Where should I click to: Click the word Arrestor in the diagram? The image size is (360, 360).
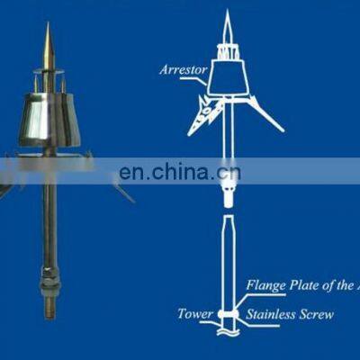pos(183,68)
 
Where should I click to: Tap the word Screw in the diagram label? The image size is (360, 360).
pos(315,315)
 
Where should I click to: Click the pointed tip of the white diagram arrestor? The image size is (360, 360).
pos(227,16)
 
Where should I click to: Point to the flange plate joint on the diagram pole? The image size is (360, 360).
pos(229,312)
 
